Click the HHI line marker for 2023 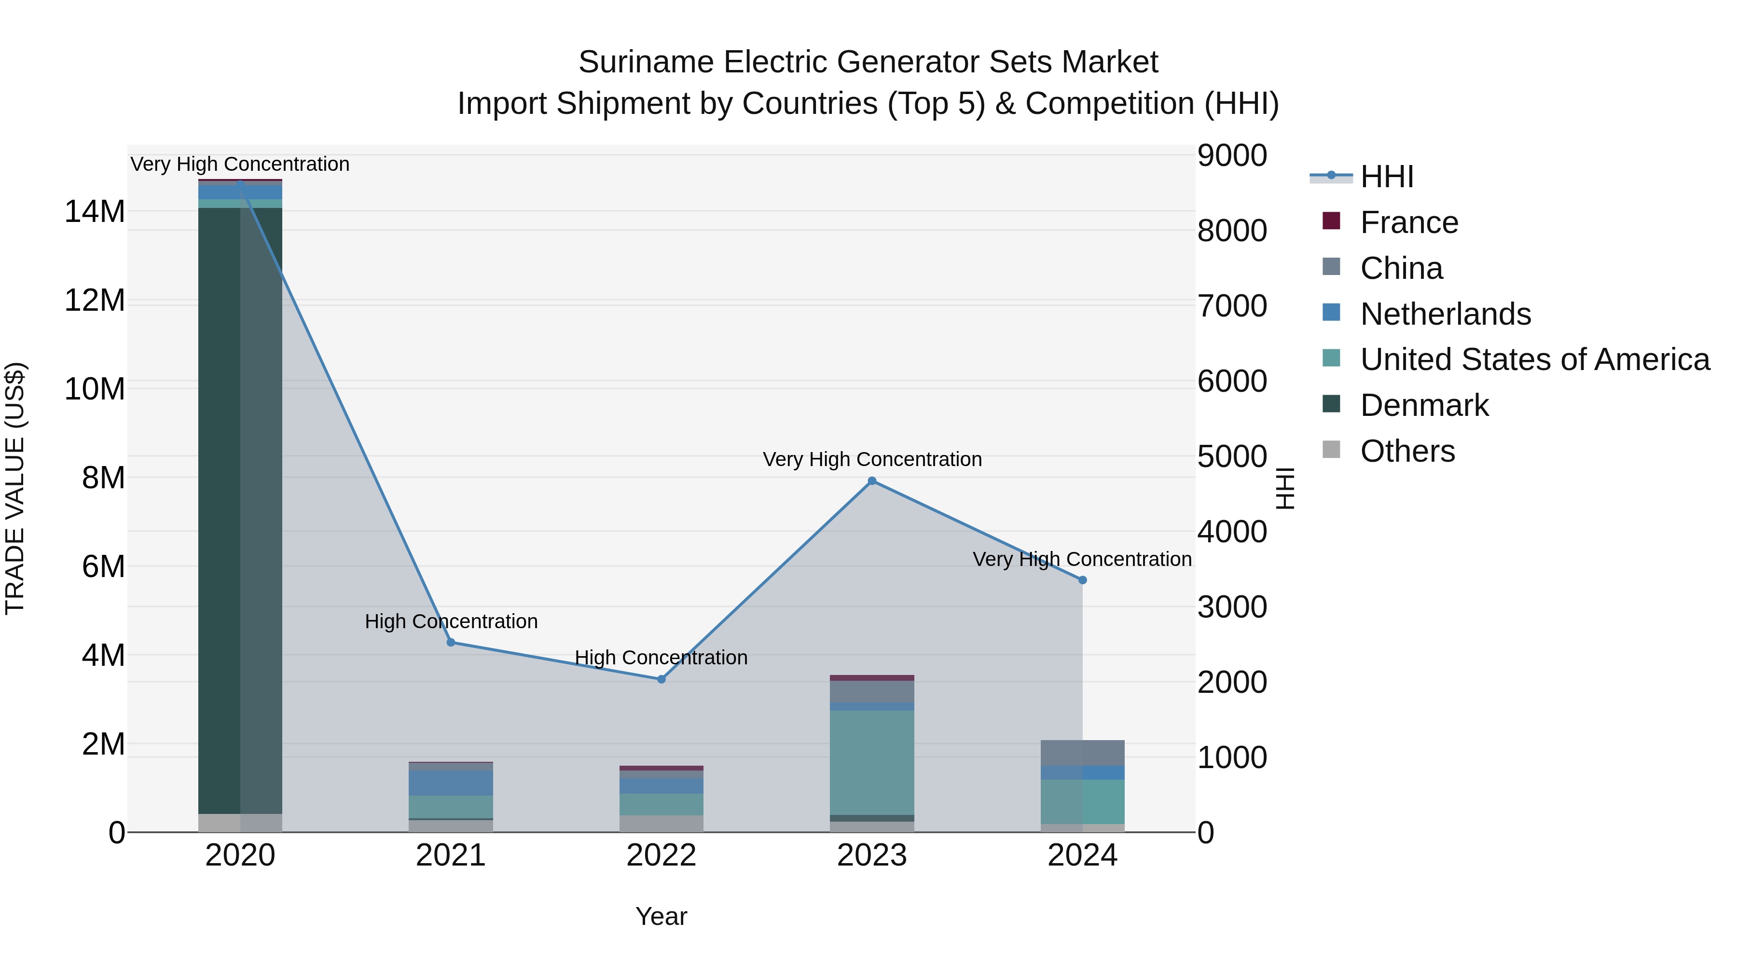872,481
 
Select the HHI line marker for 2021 451,642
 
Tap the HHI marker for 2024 1082,580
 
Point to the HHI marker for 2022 662,679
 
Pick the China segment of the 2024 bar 1082,753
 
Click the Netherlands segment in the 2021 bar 451,783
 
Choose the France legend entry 1408,222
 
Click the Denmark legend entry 1423,405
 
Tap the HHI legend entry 1386,177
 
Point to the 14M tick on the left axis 95,212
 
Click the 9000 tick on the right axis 1232,156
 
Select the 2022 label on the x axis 662,855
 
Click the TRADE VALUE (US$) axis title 15,488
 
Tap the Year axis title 661,916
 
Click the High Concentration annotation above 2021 451,621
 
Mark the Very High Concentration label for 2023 872,459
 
